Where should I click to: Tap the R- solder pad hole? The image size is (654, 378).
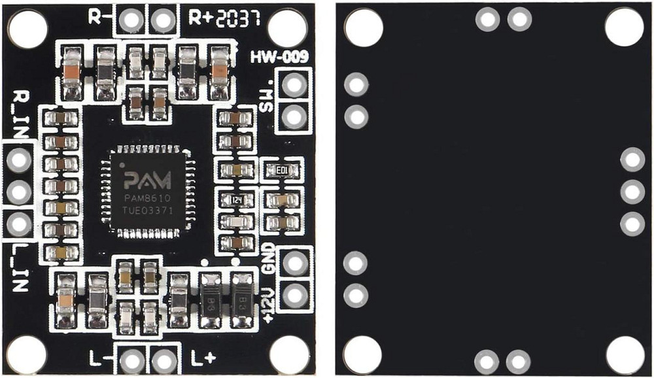pos(131,20)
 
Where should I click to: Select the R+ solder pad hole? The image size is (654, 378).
pos(162,20)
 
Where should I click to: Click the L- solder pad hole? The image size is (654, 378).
pos(133,360)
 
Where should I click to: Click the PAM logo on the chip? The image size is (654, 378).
pos(148,179)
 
